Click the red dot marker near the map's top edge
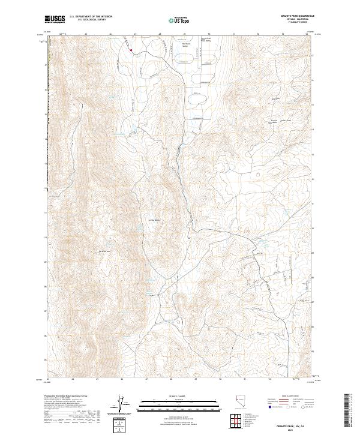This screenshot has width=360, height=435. [131, 51]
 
